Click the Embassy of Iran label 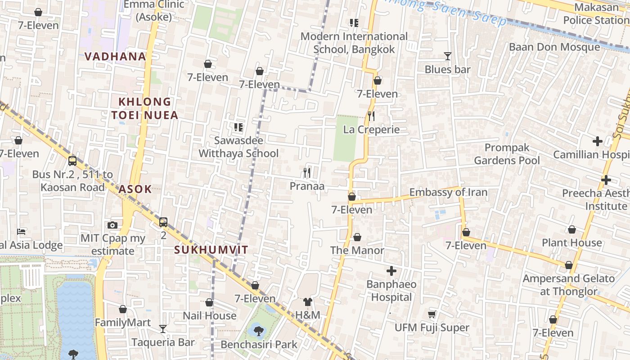448,193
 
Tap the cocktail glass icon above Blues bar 447,56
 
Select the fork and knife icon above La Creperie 371,116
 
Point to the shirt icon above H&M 308,301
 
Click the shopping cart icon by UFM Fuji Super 432,314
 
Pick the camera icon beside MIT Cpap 112,225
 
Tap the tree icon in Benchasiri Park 258,331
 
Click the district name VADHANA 115,57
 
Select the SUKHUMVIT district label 211,250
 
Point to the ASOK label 135,189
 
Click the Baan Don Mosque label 554,47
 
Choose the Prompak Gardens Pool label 507,154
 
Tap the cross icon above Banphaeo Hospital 391,271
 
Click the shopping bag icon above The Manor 357,237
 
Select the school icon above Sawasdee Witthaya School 238,127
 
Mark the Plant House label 571,243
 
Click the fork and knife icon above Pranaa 307,172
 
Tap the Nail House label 209,316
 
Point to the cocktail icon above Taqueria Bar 163,329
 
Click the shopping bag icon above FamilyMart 123,310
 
